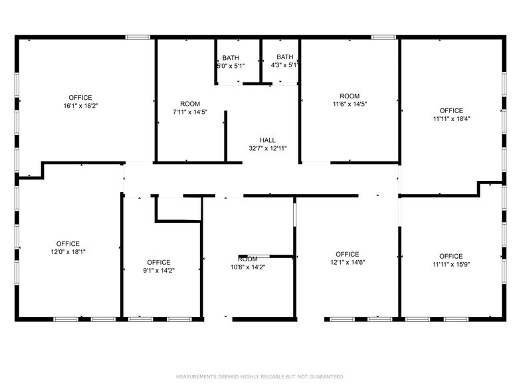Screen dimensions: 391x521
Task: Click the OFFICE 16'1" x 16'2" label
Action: pyautogui.click(x=80, y=102)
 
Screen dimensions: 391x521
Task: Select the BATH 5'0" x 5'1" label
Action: pyautogui.click(x=231, y=62)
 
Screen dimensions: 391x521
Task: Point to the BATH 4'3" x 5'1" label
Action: pyautogui.click(x=284, y=62)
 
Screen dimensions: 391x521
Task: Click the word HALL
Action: pyautogui.click(x=268, y=140)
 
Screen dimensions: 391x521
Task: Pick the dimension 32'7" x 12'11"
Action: pyautogui.click(x=268, y=148)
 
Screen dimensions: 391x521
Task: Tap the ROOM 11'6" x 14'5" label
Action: pyautogui.click(x=350, y=100)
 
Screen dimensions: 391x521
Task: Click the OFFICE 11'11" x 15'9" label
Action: pyautogui.click(x=451, y=260)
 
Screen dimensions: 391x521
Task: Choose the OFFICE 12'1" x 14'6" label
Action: pyautogui.click(x=347, y=258)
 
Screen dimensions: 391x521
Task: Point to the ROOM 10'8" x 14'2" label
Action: pyautogui.click(x=248, y=263)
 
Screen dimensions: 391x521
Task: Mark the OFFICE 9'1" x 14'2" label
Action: pyautogui.click(x=159, y=266)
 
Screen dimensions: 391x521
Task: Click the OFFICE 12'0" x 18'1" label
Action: pyautogui.click(x=68, y=247)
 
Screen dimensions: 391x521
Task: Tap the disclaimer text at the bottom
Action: pyautogui.click(x=260, y=376)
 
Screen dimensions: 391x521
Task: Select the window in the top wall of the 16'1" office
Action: pyautogui.click(x=138, y=37)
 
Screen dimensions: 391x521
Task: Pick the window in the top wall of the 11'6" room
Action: pyautogui.click(x=383, y=37)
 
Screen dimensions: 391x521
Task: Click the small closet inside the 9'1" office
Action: pyautogui.click(x=178, y=208)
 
